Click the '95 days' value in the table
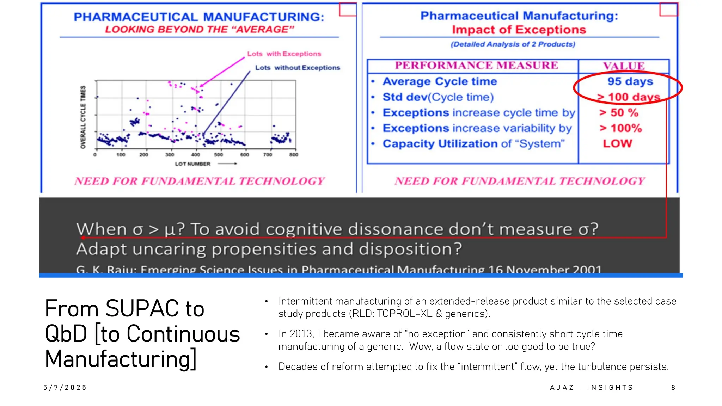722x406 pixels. tap(630, 81)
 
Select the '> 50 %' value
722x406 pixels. tap(619, 113)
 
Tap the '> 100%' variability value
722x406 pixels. tap(621, 128)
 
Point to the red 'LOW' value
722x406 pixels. tap(617, 144)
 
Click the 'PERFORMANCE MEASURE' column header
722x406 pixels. tap(476, 66)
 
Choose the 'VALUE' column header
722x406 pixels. tap(624, 66)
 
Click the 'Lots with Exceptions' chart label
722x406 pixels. tap(284, 54)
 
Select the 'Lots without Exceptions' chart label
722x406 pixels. tap(298, 68)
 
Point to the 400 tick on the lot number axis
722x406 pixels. tap(195, 155)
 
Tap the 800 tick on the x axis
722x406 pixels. tap(293, 155)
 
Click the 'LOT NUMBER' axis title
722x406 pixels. tap(192, 164)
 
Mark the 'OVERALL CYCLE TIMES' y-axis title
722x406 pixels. tap(83, 117)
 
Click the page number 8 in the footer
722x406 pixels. tap(673, 388)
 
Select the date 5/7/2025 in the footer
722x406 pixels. tap(65, 388)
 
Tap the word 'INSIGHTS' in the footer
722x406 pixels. tap(610, 388)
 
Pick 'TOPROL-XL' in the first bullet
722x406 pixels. tap(404, 314)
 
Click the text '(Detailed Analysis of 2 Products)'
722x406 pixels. tap(513, 44)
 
